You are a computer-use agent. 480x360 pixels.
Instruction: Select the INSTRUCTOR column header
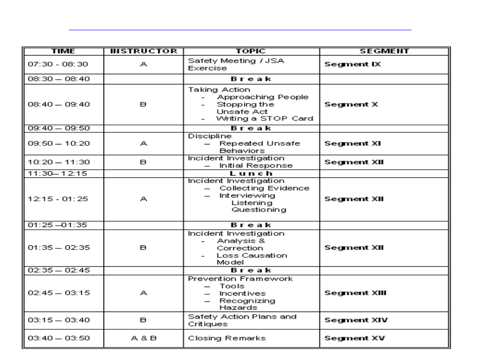pyautogui.click(x=144, y=51)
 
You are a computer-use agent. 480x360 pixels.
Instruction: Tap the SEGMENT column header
pyautogui.click(x=384, y=51)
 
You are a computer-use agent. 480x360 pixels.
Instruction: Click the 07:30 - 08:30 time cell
pyautogui.click(x=58, y=64)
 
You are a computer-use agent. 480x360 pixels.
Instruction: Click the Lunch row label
pyautogui.click(x=251, y=174)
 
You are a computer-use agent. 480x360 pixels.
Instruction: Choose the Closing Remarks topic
pyautogui.click(x=227, y=338)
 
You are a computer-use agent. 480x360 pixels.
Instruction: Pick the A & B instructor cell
pyautogui.click(x=144, y=338)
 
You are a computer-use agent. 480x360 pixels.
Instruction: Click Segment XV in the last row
pyautogui.click(x=354, y=338)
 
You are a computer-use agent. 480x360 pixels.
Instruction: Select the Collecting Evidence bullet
pyautogui.click(x=264, y=188)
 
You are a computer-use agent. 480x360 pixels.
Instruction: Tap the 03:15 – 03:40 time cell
pyautogui.click(x=59, y=320)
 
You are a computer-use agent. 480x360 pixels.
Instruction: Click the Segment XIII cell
pyautogui.click(x=355, y=293)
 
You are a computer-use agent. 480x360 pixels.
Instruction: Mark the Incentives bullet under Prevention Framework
pyautogui.click(x=242, y=293)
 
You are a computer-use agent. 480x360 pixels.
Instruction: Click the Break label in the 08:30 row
pyautogui.click(x=251, y=80)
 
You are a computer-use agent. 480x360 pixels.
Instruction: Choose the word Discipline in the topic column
pyautogui.click(x=204, y=136)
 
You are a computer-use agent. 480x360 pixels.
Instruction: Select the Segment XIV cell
pyautogui.click(x=355, y=320)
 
